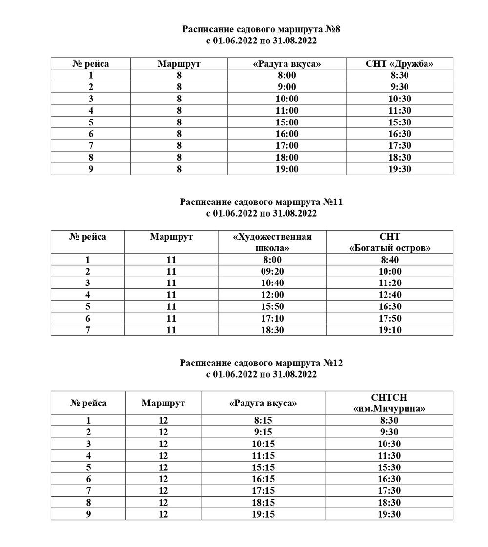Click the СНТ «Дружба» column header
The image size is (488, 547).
(400, 63)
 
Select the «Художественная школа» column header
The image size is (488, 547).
(272, 242)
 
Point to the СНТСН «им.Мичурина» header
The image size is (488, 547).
(389, 403)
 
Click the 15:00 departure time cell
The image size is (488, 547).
(287, 122)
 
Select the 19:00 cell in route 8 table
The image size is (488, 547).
(287, 169)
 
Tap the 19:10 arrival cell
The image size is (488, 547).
(389, 330)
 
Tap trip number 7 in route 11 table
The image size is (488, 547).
(88, 330)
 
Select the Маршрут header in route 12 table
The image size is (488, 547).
(163, 403)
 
